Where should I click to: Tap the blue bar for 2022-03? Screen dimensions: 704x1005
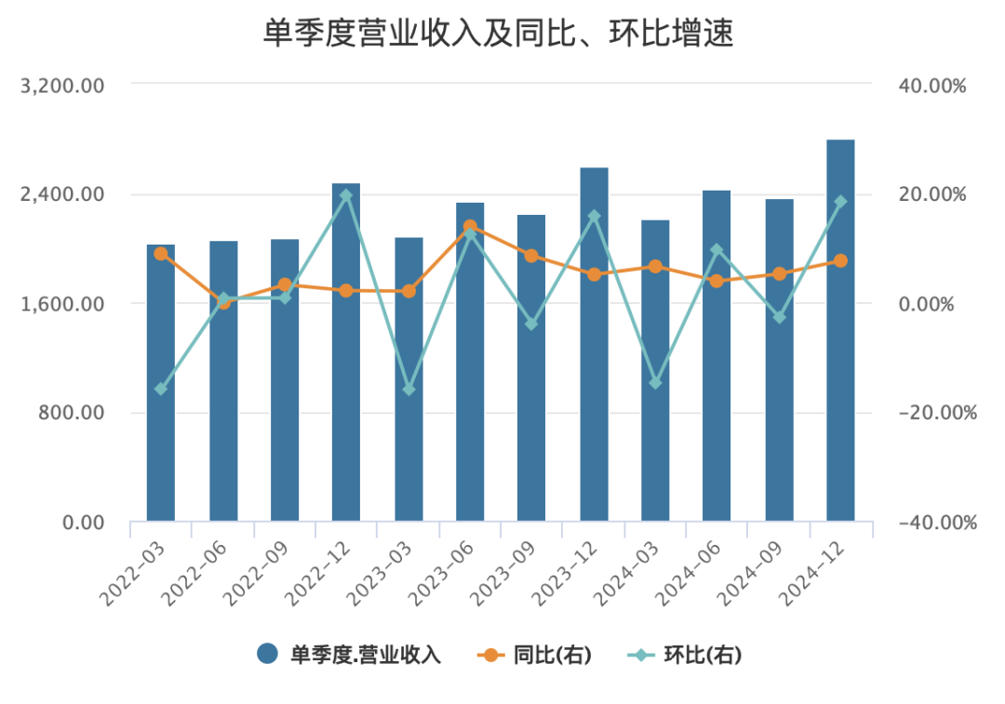click(161, 382)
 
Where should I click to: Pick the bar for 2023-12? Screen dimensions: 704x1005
click(594, 344)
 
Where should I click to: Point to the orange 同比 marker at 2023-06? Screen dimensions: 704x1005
click(470, 226)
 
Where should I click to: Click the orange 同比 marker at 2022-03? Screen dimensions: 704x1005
click(161, 253)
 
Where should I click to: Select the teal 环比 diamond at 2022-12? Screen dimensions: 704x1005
click(346, 195)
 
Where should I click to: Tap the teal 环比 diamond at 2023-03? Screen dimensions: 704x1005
click(409, 389)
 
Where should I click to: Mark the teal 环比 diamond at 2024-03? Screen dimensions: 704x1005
click(655, 383)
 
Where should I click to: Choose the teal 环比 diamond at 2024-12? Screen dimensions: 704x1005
click(840, 202)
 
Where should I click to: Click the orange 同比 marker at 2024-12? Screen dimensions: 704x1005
click(840, 261)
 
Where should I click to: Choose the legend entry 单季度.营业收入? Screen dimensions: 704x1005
click(349, 655)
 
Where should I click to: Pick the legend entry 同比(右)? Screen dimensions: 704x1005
click(536, 655)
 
